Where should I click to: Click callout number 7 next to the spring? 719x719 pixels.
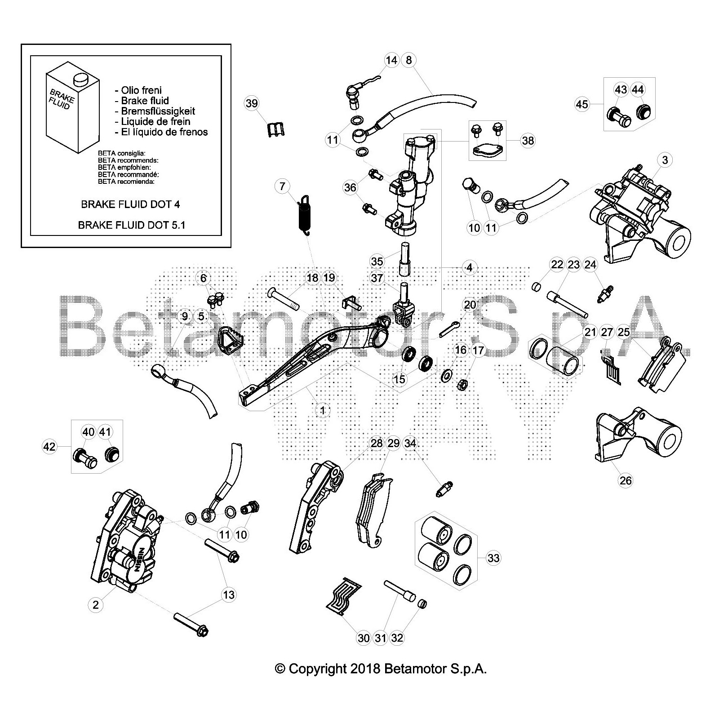[282, 186]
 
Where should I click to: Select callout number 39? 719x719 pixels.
[252, 103]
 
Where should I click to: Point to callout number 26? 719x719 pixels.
[626, 480]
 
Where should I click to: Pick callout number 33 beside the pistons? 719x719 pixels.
[493, 558]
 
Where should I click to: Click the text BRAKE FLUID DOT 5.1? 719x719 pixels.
[132, 225]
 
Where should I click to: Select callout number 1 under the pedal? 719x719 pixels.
[322, 410]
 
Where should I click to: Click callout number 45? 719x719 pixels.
[581, 104]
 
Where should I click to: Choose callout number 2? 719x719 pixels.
[96, 605]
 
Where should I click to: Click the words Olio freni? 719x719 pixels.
[141, 90]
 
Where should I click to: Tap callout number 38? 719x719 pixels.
[528, 141]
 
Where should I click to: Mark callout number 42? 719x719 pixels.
[49, 446]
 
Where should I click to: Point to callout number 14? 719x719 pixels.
[391, 60]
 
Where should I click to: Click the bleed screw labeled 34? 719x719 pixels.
[444, 488]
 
